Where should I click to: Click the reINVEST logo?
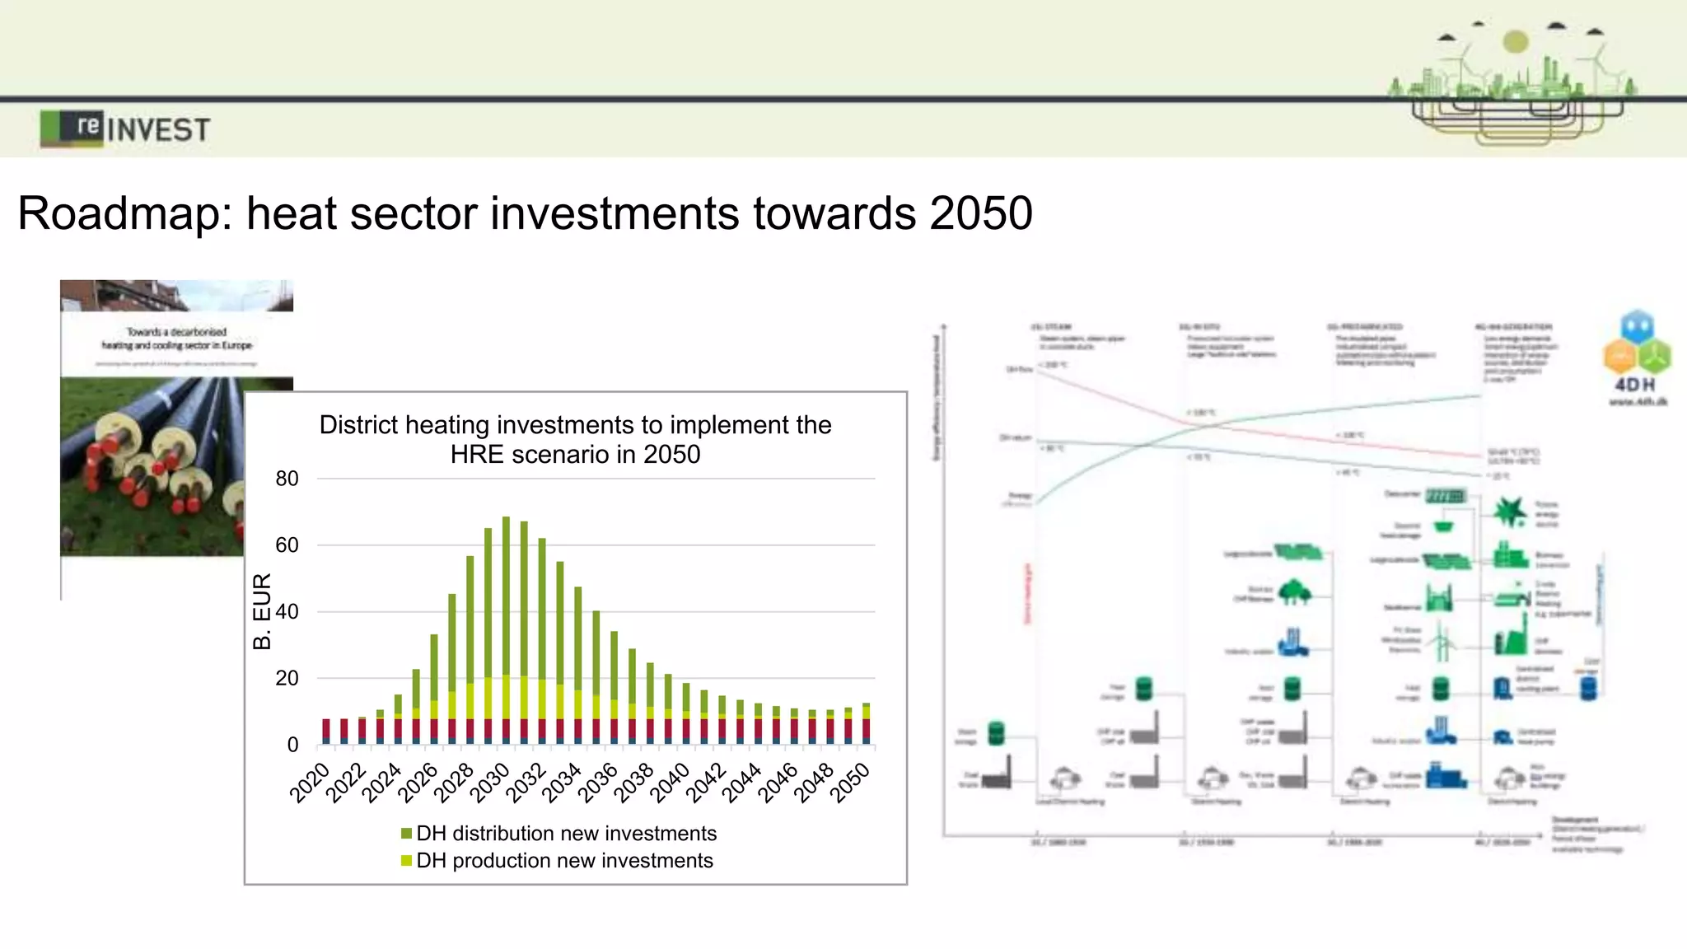click(x=125, y=129)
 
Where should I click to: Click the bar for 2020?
click(x=326, y=732)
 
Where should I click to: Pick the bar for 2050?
click(x=866, y=724)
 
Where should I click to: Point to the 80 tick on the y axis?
click(x=287, y=479)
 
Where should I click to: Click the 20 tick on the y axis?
click(x=287, y=678)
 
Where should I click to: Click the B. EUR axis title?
click(x=262, y=611)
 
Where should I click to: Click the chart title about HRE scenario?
click(x=575, y=439)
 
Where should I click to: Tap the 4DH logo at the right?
click(x=1637, y=358)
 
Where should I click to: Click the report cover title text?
click(x=176, y=339)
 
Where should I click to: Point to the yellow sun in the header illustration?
click(x=1515, y=41)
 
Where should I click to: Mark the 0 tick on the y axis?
click(x=292, y=745)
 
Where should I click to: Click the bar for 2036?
click(x=614, y=688)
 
